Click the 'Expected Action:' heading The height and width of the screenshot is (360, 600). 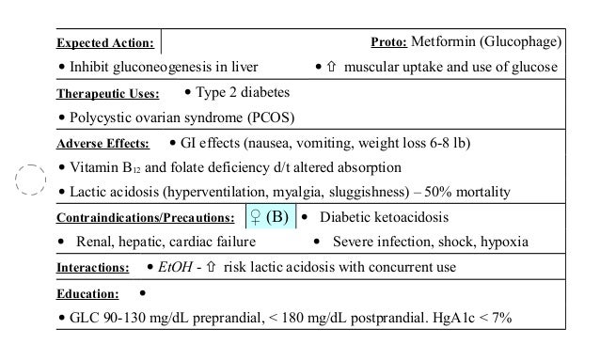click(x=105, y=44)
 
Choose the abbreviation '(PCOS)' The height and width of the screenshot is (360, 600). click(x=265, y=118)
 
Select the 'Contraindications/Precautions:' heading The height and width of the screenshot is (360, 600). click(x=145, y=218)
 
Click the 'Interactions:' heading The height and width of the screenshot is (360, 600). click(x=92, y=268)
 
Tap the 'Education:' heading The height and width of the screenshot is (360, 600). click(x=88, y=293)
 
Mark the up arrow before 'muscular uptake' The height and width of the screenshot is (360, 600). click(x=332, y=68)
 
